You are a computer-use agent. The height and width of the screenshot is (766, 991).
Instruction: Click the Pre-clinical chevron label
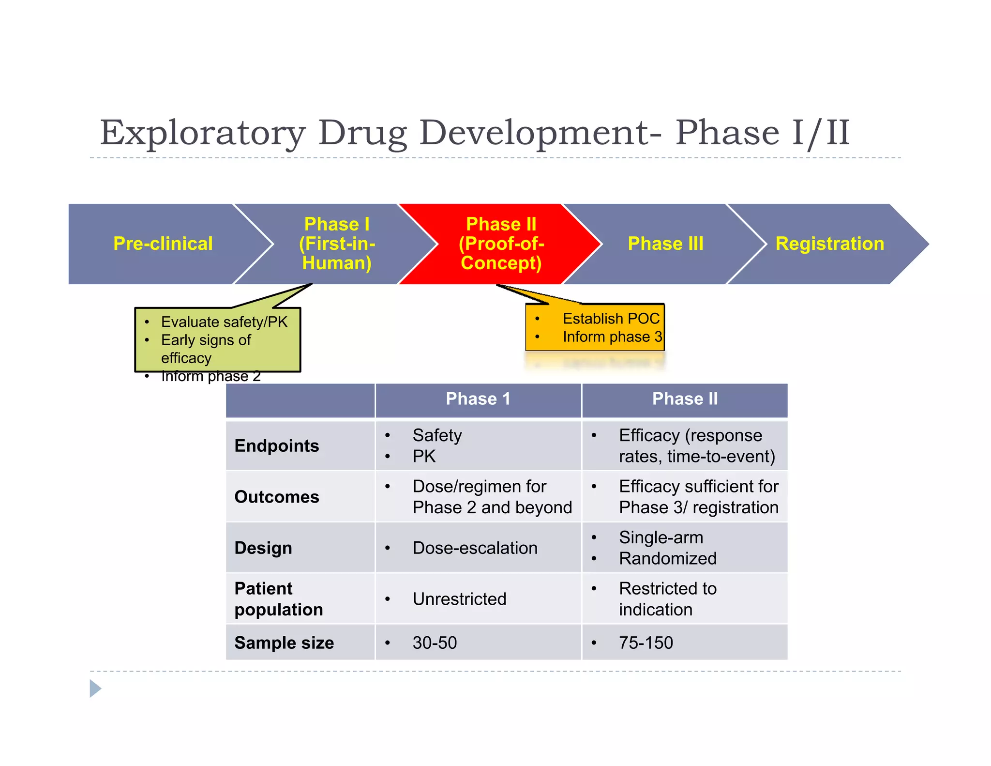(x=163, y=244)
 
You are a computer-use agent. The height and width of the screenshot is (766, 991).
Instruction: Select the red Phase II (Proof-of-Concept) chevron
(x=501, y=244)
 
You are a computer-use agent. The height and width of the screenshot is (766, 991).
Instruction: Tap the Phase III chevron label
(x=665, y=244)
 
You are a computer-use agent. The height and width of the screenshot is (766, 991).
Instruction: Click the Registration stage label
(x=829, y=244)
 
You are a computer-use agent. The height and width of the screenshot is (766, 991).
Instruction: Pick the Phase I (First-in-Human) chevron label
(x=337, y=244)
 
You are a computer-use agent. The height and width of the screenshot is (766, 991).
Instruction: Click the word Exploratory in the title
(x=203, y=133)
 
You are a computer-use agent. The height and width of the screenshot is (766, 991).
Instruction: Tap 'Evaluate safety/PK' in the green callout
(x=224, y=322)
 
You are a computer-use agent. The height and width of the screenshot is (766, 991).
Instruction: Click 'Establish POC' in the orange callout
(x=611, y=319)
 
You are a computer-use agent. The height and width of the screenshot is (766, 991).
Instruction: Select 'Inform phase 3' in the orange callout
(x=612, y=337)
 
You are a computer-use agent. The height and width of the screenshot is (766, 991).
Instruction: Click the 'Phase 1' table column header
(x=478, y=399)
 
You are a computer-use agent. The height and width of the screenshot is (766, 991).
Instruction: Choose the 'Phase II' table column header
(x=685, y=399)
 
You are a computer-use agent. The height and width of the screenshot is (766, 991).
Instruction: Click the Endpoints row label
(x=277, y=446)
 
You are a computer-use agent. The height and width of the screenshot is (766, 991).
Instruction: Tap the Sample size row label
(x=284, y=643)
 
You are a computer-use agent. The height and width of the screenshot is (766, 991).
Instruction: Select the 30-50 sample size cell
(x=435, y=643)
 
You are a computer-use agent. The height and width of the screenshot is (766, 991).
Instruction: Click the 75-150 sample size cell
(x=646, y=643)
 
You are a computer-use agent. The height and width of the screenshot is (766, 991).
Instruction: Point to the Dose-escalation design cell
(x=475, y=548)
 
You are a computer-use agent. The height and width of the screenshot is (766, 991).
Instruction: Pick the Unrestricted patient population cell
(x=459, y=599)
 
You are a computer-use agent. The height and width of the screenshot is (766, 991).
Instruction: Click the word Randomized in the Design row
(x=668, y=559)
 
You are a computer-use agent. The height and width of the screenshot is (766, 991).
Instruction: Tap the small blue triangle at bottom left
(x=95, y=689)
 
